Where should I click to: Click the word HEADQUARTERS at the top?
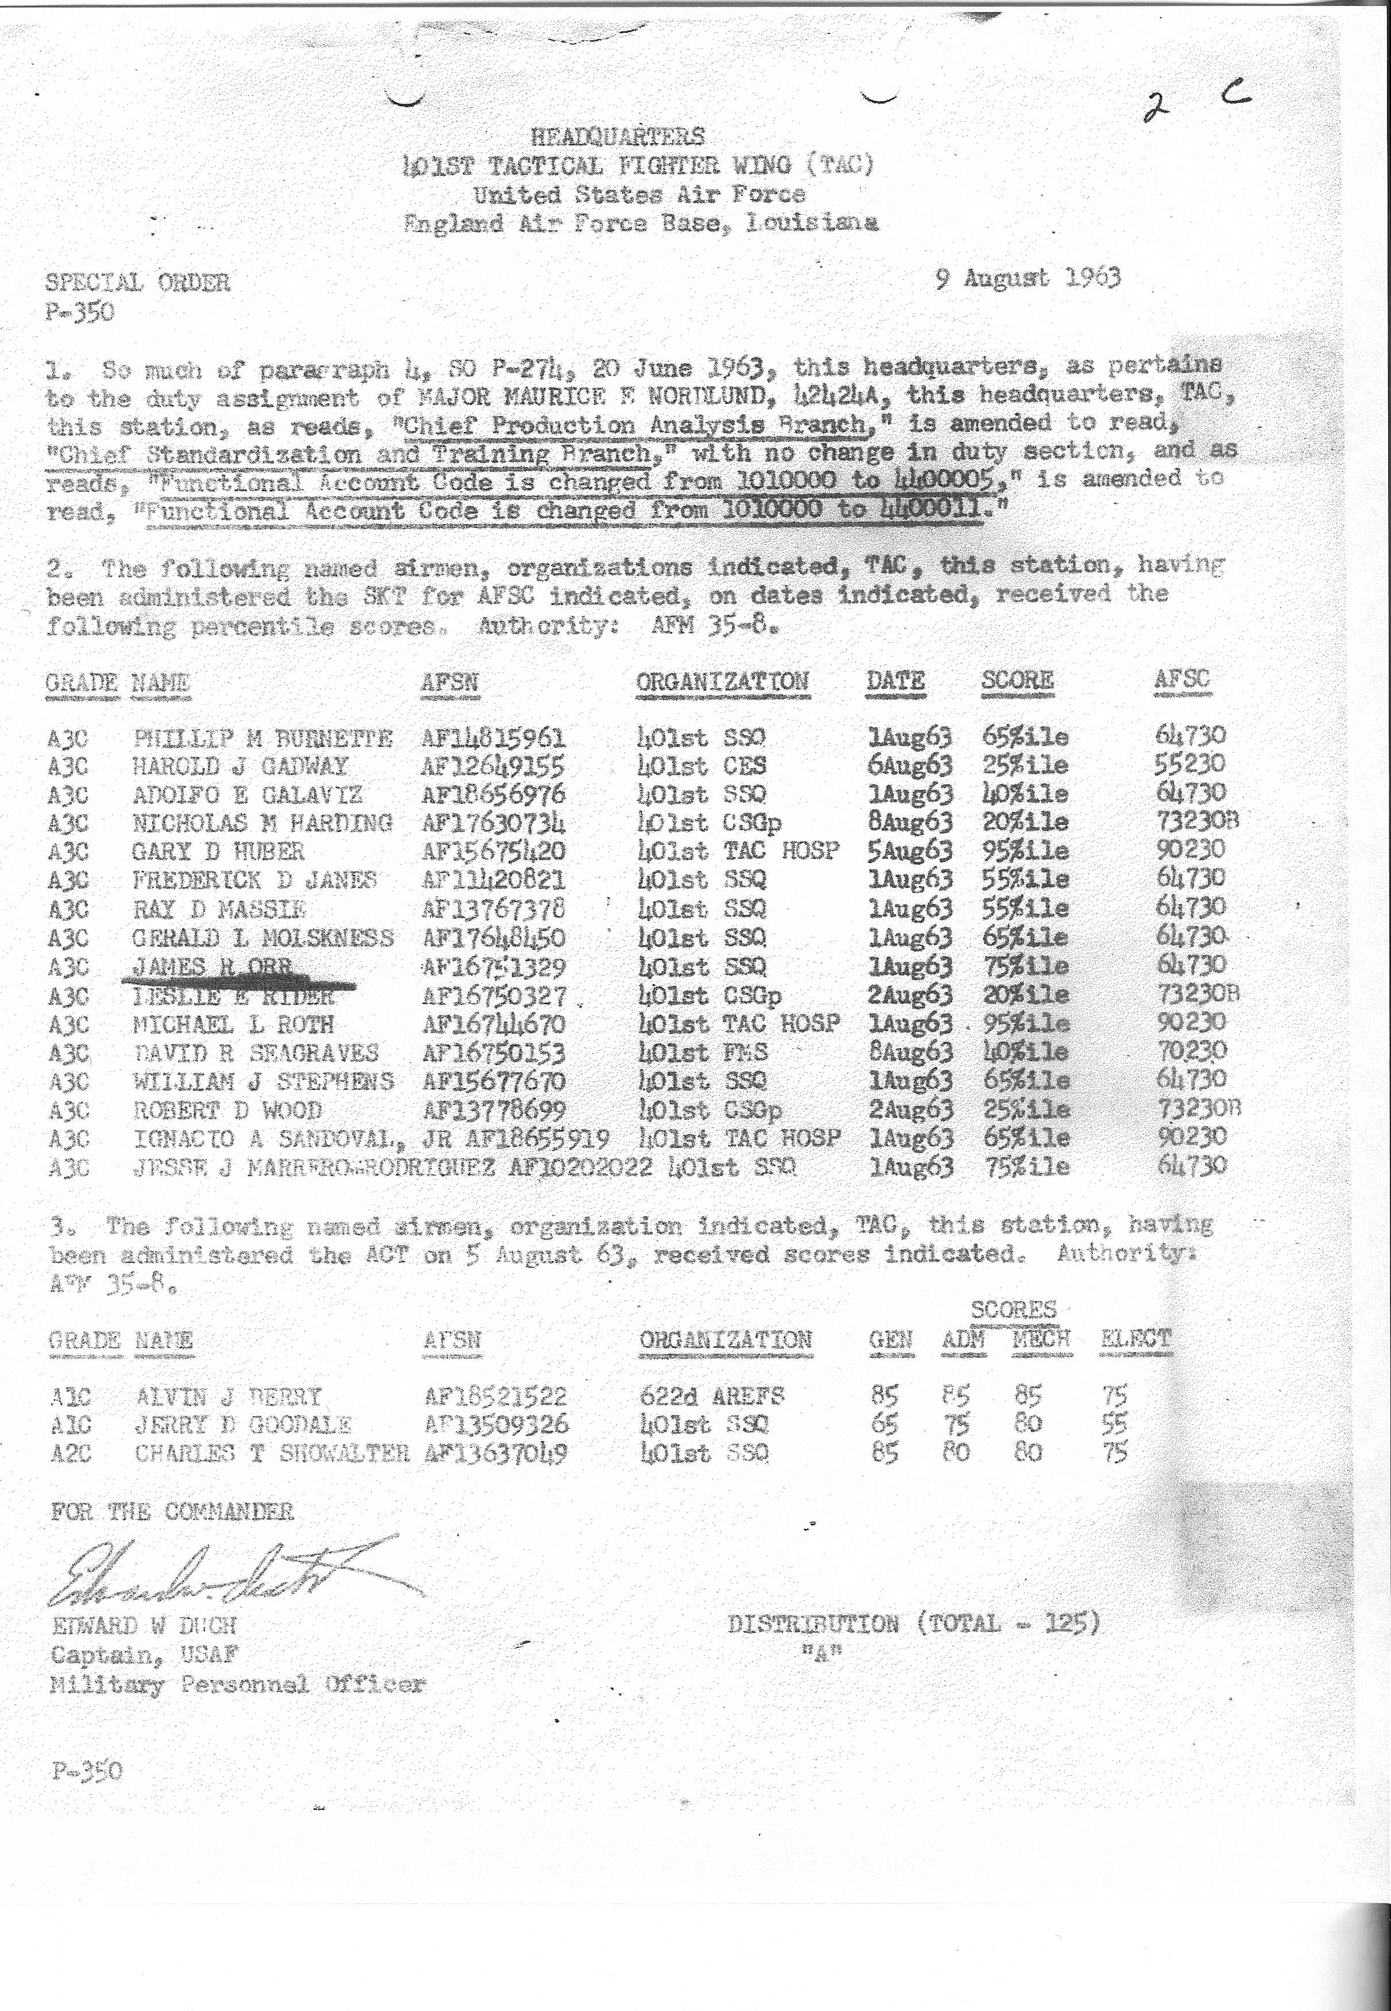click(x=617, y=137)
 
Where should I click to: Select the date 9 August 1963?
click(x=1028, y=278)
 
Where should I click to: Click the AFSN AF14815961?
click(x=493, y=738)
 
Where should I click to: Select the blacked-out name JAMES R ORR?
click(x=212, y=967)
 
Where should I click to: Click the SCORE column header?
click(x=1017, y=680)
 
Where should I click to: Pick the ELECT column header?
click(x=1136, y=1339)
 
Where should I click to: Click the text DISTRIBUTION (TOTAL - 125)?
click(x=913, y=1623)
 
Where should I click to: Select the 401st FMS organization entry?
click(x=702, y=1051)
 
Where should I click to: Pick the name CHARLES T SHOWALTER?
click(x=271, y=1453)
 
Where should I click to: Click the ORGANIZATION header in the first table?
click(x=723, y=681)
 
